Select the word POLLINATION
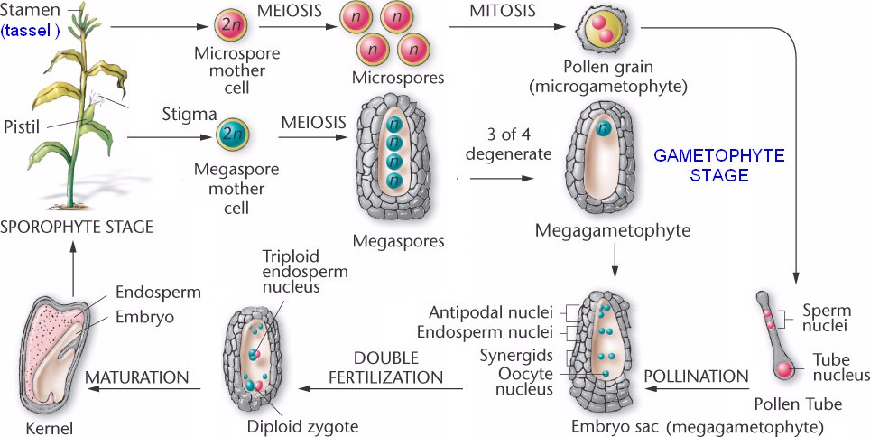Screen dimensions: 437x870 coord(696,376)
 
